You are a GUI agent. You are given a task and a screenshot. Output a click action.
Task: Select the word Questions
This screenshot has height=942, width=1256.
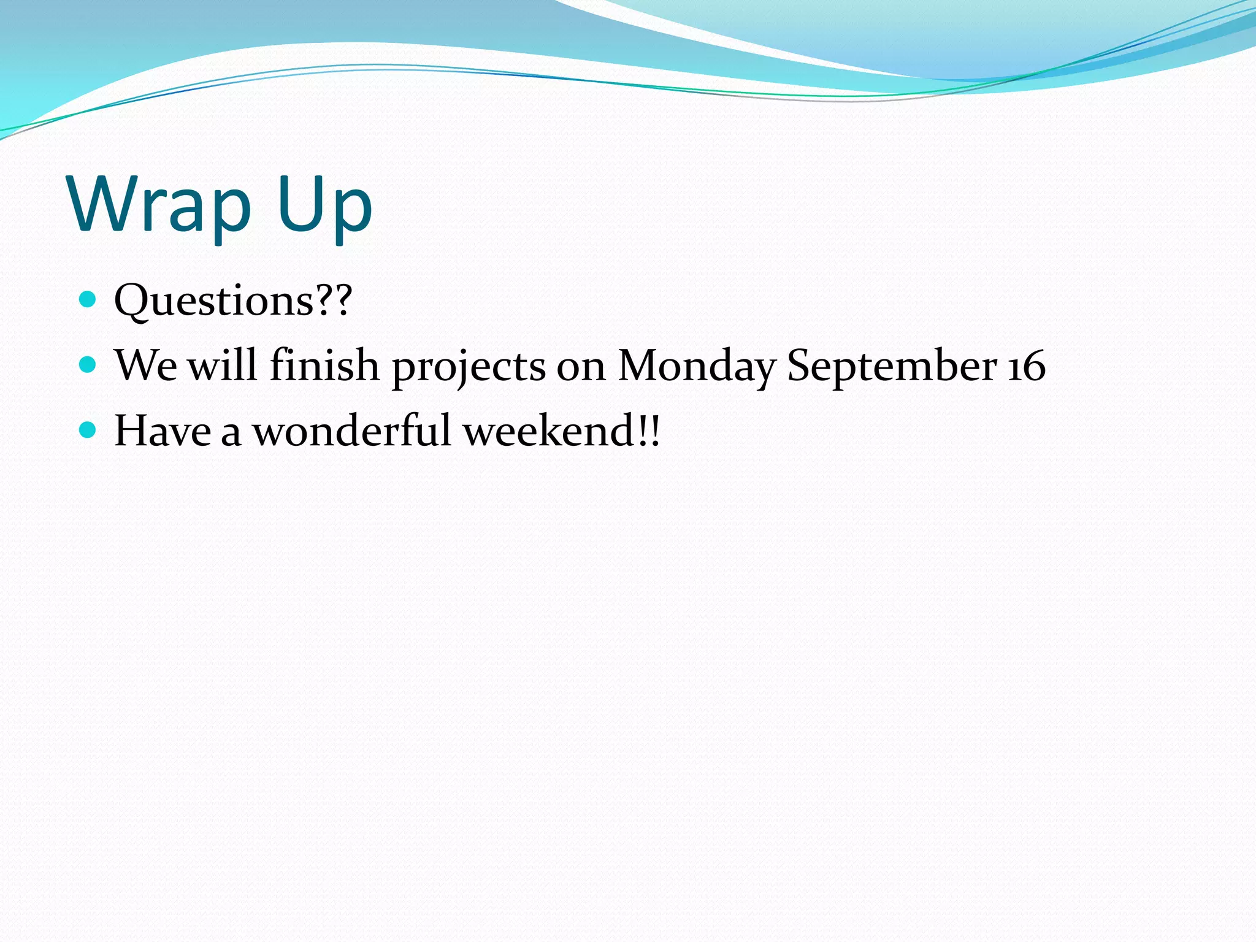tap(214, 301)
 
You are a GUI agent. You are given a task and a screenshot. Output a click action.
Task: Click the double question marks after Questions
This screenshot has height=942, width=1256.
tap(334, 299)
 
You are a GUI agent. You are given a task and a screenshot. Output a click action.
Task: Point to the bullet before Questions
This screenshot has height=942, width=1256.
tap(88, 299)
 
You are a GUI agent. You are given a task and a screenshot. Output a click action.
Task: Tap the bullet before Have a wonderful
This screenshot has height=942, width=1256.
tap(88, 430)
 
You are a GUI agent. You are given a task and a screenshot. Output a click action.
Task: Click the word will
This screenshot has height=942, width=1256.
tap(222, 365)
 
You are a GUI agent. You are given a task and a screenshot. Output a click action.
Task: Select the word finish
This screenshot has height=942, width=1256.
tap(324, 365)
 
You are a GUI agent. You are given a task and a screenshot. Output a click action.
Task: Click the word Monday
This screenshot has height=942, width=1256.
tap(697, 367)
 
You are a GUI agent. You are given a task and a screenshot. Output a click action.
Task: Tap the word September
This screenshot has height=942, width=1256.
tap(892, 367)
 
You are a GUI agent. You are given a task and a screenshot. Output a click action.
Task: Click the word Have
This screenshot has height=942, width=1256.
tap(163, 431)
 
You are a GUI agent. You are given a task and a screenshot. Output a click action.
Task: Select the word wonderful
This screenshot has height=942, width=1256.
tap(352, 431)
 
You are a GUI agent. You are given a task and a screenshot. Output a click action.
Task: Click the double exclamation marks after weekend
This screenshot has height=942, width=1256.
tap(648, 431)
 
